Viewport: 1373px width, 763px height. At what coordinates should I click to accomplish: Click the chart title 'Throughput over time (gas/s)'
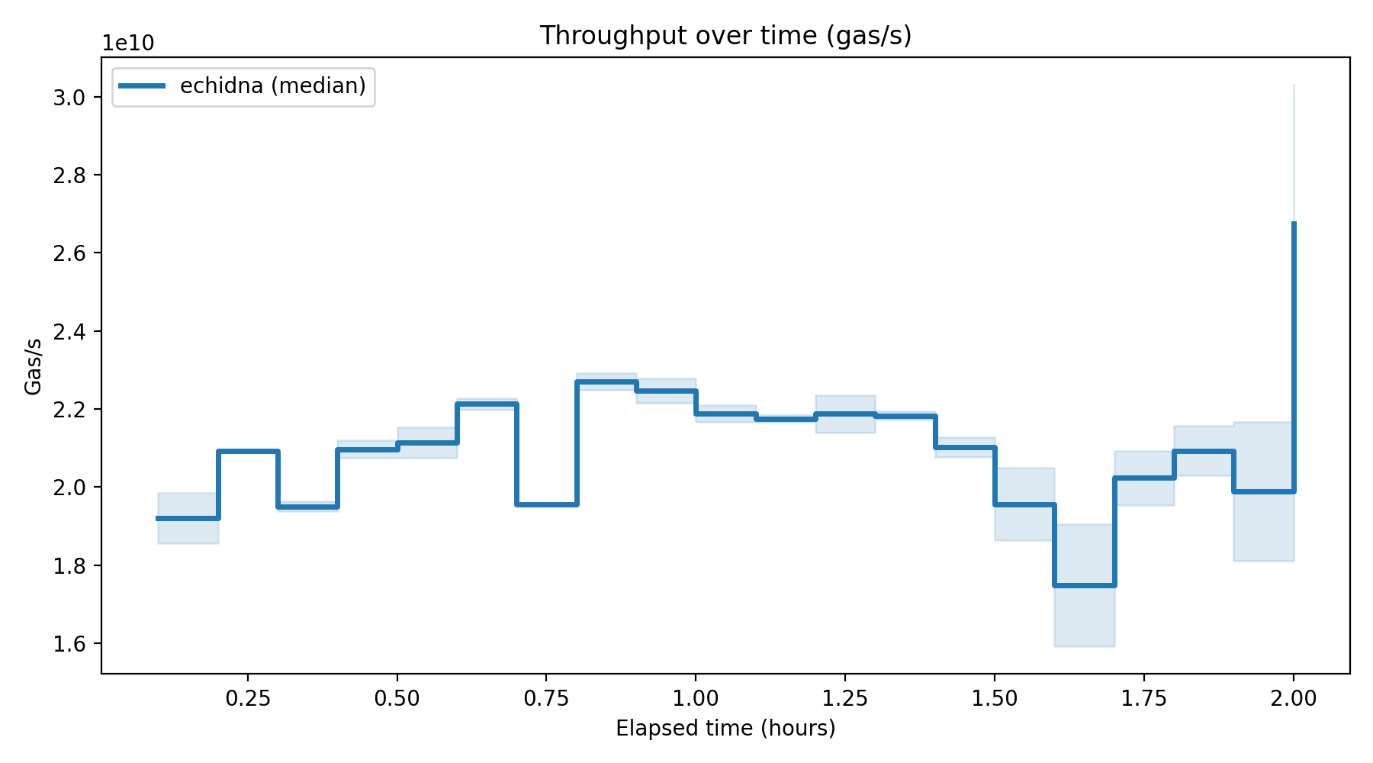coord(725,36)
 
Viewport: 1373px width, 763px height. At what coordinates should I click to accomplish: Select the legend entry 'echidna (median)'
coord(272,86)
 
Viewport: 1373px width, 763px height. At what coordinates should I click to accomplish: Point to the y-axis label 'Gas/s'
coord(34,366)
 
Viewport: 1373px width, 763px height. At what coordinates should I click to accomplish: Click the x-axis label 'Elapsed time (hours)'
coord(725,729)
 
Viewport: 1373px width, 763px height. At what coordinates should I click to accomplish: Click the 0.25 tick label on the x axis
coord(248,699)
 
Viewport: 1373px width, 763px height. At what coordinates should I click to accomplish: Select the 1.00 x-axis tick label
coord(696,699)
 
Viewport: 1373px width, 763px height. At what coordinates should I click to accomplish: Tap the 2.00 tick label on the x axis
coord(1294,699)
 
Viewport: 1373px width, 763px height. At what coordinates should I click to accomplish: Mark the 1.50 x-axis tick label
coord(995,699)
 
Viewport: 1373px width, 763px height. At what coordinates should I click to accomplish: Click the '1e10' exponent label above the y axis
coord(128,43)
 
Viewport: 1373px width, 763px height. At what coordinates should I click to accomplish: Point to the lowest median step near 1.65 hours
coord(1085,585)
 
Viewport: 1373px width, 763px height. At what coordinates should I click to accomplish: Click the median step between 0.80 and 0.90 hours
coord(606,381)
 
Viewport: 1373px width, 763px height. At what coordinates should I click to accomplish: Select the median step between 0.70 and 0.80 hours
coord(547,504)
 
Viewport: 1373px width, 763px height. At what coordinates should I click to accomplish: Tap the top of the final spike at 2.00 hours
coord(1294,223)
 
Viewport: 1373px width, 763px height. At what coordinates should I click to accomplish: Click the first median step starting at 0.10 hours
coord(188,518)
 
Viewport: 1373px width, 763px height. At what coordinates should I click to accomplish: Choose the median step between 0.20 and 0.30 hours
coord(248,451)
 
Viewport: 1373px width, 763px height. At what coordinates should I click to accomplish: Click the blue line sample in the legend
coord(142,86)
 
